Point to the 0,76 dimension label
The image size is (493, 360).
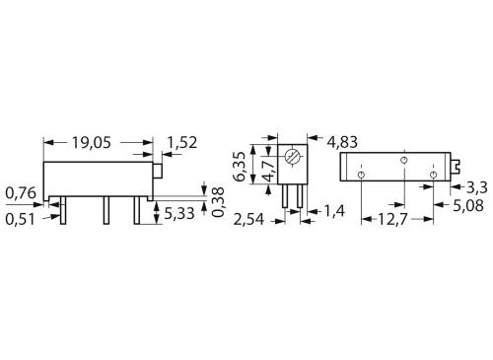coord(22,191)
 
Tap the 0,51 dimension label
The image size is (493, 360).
coord(22,219)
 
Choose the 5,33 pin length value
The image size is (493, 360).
coord(179,212)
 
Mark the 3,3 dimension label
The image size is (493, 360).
coord(475,186)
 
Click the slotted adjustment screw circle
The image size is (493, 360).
coord(291,158)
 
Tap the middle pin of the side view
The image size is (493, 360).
coord(106,210)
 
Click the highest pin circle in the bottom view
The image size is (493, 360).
coord(403,159)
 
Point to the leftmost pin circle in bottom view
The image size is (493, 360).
coord(363,175)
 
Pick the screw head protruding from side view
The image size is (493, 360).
coord(157,171)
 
